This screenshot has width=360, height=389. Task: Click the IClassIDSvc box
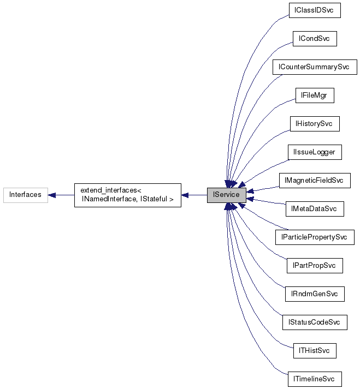click(314, 10)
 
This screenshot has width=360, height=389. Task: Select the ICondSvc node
click(314, 39)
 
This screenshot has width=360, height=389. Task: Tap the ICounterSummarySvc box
click(314, 67)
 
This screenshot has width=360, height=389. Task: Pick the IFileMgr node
click(314, 95)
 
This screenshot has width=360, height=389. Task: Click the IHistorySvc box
click(314, 124)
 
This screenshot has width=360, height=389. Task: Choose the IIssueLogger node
click(314, 152)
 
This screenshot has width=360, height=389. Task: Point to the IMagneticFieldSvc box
click(314, 180)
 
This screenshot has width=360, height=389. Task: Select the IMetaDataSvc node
click(314, 208)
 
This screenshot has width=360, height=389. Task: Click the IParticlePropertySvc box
click(314, 237)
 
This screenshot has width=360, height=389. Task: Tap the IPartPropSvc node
click(314, 265)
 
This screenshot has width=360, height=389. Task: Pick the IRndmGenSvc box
click(314, 294)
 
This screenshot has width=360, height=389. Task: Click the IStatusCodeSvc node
click(314, 322)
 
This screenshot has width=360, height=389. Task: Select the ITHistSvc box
click(314, 350)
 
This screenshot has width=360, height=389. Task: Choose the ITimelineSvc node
click(314, 379)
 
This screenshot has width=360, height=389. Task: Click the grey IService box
click(226, 195)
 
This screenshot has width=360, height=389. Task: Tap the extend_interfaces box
click(127, 195)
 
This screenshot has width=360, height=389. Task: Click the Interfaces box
click(25, 195)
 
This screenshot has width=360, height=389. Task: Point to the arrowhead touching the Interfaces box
click(52, 195)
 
